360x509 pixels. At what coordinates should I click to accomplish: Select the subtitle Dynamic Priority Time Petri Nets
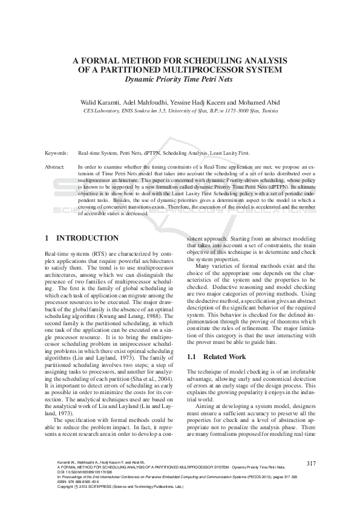[x=180, y=79]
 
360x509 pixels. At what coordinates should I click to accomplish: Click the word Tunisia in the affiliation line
[x=266, y=111]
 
